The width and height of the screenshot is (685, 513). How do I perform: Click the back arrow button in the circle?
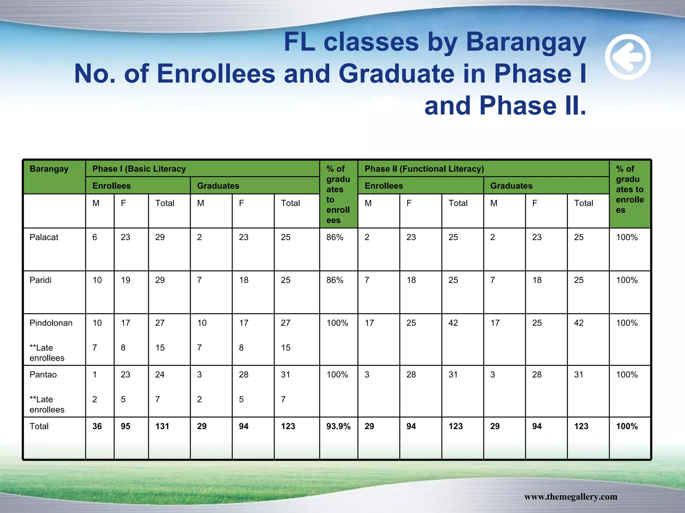627,57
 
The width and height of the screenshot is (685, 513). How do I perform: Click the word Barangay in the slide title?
525,42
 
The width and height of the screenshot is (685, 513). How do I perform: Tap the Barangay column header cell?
49,169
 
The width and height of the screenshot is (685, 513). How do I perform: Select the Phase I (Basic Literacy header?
139,169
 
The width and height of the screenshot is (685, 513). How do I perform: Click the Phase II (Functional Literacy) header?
424,169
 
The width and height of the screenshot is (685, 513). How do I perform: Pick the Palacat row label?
44,237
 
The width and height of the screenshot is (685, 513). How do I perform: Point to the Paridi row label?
40,280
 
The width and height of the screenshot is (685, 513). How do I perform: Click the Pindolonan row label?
51,323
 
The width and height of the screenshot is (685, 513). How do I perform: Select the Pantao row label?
43,375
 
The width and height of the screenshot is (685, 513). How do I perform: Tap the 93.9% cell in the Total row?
338,426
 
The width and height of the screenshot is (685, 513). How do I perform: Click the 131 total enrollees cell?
162,426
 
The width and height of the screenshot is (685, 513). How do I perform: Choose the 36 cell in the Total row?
97,426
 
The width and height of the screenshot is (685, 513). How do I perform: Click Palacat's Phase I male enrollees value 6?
95,237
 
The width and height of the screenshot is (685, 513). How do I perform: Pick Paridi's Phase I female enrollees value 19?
125,280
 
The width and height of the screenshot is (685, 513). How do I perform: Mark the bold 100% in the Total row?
627,426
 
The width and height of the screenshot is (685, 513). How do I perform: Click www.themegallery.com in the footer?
571,497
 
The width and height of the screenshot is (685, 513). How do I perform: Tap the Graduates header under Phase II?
511,186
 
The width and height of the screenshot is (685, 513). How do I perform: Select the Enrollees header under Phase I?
111,186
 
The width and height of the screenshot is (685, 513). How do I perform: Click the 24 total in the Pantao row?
160,375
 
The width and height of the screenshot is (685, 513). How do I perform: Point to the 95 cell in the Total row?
125,426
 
